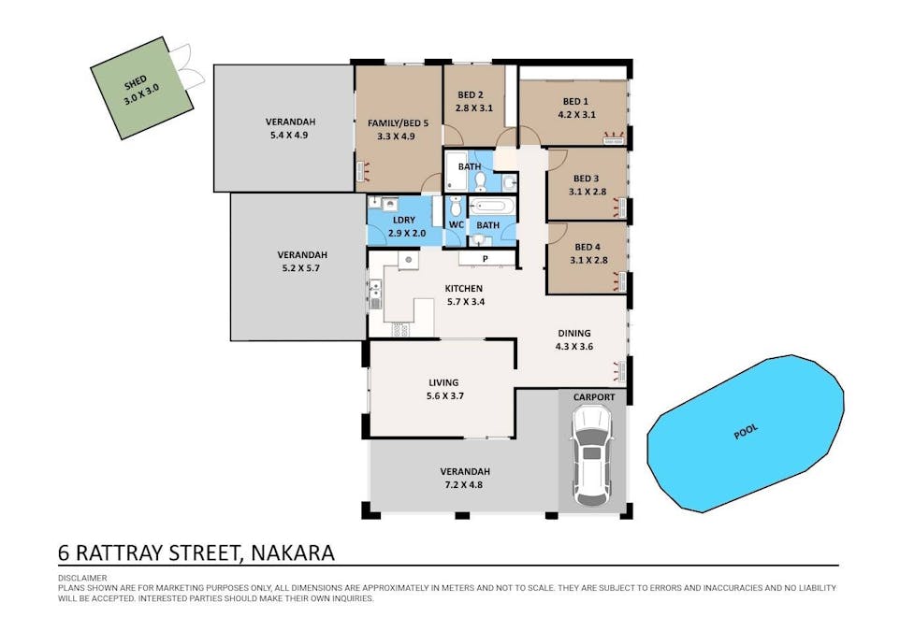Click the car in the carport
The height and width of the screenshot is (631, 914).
(591, 455)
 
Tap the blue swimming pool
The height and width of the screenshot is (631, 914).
(746, 434)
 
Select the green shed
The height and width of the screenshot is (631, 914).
(141, 88)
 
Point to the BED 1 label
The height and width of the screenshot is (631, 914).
(575, 101)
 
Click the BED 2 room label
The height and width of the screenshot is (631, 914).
(470, 95)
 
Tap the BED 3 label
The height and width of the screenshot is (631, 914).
(586, 179)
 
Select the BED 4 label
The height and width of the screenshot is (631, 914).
(587, 247)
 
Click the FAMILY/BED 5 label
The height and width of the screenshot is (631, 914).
(398, 123)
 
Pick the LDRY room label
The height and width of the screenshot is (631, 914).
(404, 221)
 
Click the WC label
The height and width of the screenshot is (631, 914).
(457, 225)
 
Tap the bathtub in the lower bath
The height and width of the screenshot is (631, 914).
(491, 207)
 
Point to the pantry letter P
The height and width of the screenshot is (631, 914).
(485, 259)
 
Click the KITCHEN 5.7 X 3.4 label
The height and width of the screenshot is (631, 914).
(465, 294)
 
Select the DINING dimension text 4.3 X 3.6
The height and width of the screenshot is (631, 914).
(574, 347)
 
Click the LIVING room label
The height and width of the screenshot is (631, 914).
(443, 382)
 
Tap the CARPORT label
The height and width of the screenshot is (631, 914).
(594, 397)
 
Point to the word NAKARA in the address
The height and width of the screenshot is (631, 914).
(293, 552)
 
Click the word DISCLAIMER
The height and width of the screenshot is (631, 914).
(82, 578)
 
